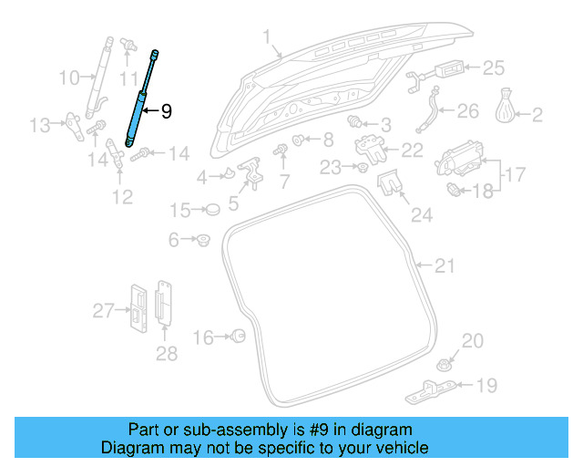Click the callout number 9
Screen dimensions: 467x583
point(166,111)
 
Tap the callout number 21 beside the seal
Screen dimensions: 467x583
point(443,266)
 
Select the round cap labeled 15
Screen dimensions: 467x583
point(213,210)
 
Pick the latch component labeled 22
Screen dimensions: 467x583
point(370,146)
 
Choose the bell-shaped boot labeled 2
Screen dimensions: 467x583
point(504,109)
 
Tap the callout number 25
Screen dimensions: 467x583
point(493,67)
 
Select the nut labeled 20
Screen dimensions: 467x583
point(446,359)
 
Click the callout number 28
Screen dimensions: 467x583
point(166,353)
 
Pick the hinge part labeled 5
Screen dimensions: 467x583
point(251,171)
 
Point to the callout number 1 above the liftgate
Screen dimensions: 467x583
point(267,37)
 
